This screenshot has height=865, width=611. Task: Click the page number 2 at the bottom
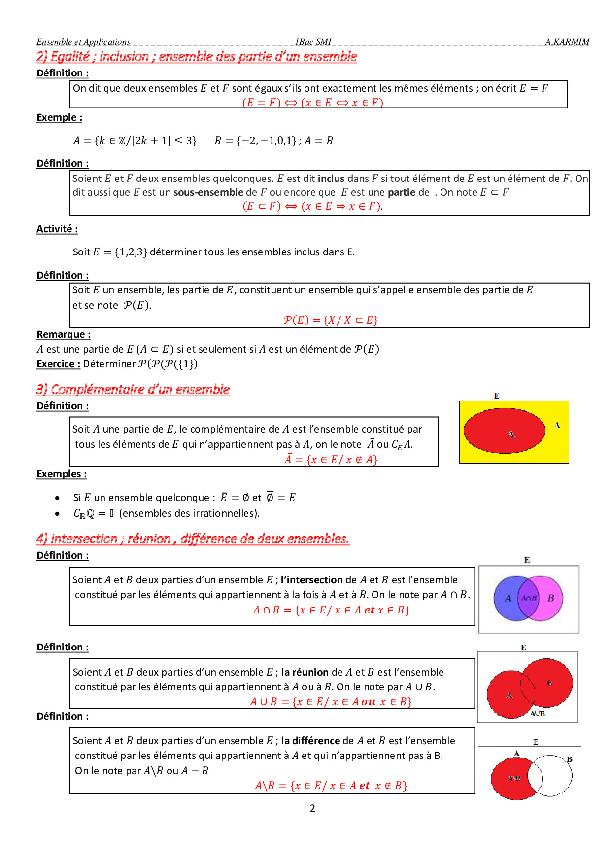(312, 808)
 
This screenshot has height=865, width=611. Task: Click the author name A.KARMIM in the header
(567, 42)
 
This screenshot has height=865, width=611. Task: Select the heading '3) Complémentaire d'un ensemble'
(133, 389)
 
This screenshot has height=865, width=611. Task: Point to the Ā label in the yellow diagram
(557, 424)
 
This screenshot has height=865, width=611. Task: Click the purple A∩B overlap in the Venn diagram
(529, 598)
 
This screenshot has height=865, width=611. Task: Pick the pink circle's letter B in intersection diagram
(551, 598)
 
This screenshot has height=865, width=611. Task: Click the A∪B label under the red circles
(537, 713)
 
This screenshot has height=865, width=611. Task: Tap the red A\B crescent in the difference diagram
(510, 778)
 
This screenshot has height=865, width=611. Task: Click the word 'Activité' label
(57, 229)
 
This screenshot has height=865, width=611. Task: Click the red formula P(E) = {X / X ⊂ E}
(331, 320)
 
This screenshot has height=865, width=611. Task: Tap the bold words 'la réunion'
(305, 672)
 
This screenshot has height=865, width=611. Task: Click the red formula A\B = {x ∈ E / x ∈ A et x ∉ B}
(331, 785)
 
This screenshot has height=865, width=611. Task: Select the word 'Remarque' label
(63, 334)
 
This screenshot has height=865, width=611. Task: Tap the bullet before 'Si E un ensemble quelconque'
(58, 498)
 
